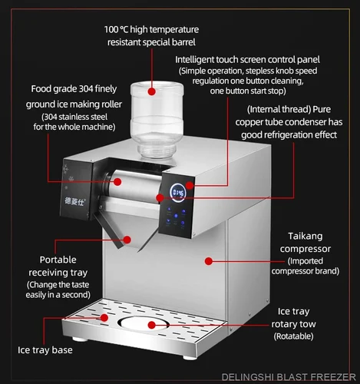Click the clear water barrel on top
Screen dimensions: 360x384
[157, 120]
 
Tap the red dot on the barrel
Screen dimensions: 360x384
[152, 91]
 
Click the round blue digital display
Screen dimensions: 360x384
[178, 193]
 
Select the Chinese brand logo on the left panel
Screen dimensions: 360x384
[74, 201]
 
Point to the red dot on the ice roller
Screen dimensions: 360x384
[117, 182]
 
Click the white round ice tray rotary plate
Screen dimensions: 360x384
[144, 323]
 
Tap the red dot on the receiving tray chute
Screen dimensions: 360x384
[127, 240]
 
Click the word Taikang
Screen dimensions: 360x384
[306, 237]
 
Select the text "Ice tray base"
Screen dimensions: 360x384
[45, 350]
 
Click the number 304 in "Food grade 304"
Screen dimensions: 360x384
[86, 89]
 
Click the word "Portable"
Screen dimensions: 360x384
[58, 260]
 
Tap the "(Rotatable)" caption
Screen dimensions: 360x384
[293, 336]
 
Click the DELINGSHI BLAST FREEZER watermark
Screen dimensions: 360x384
[289, 377]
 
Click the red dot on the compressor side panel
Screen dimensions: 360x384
[209, 261]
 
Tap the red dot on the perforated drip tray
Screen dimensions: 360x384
[104, 318]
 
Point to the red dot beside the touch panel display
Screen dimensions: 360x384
[190, 185]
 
